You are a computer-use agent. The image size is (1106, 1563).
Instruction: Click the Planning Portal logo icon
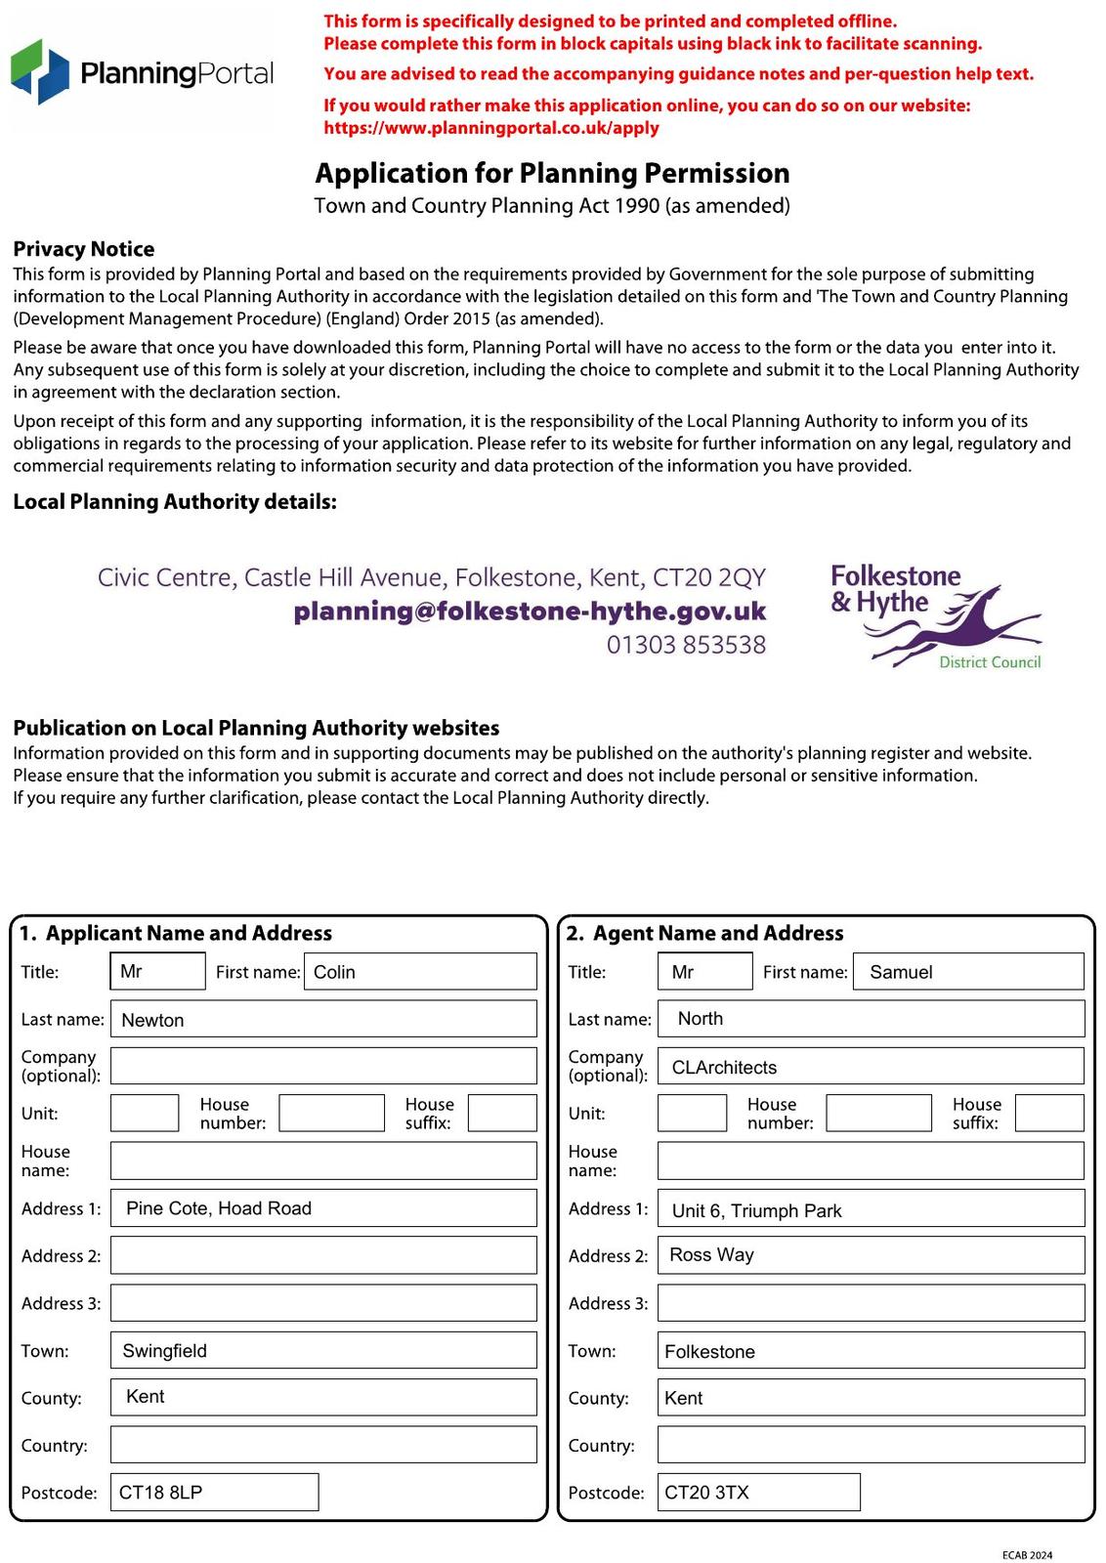[x=41, y=72]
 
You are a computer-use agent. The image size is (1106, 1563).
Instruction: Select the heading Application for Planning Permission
[x=552, y=173]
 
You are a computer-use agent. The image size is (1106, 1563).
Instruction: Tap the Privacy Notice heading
[x=84, y=249]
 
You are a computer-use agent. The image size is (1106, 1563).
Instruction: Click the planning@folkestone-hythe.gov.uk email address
[x=530, y=612]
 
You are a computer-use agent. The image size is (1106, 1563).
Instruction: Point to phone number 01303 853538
[x=686, y=645]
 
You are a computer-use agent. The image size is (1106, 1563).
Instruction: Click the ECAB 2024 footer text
[x=1027, y=1555]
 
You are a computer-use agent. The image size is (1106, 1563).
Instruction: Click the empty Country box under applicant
[x=323, y=1445]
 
